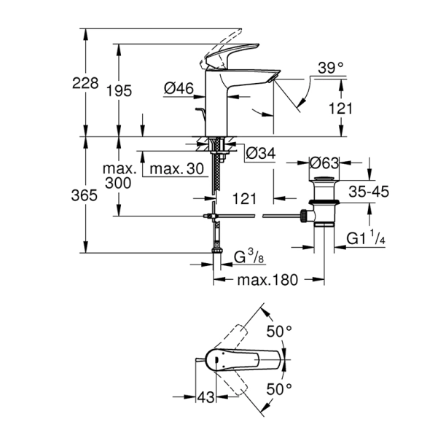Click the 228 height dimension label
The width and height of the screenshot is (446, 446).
(x=85, y=84)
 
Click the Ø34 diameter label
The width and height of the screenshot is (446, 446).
(x=259, y=154)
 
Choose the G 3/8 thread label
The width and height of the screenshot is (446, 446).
(x=249, y=257)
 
